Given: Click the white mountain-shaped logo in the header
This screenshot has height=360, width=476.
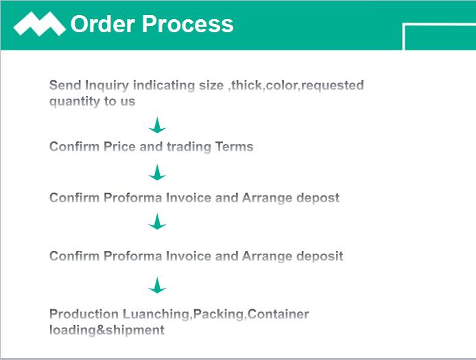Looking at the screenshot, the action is pos(40,24).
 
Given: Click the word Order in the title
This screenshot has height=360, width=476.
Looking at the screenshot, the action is pos(103,24).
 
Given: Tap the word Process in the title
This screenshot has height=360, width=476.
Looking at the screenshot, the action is pos(188,24).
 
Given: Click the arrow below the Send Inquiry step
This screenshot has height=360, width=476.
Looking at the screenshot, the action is pos(157,125).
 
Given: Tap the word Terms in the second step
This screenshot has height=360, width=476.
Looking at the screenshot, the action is pos(234,147).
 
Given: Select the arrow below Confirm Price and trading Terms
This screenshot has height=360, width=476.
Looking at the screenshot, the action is pos(157,172).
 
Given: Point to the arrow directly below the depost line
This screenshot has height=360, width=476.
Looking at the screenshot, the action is pos(157,221).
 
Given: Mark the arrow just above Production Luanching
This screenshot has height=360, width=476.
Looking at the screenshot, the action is pos(157,285).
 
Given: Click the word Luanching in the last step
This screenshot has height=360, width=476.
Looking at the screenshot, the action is pos(157,315).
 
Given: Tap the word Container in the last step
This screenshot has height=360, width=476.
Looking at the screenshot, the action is pos(278,314).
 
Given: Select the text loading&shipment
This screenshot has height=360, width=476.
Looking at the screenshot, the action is pos(107,331).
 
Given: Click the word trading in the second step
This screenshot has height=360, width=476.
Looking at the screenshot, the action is pos(189,147).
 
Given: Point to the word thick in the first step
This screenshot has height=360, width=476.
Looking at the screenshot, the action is pos(246,85).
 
